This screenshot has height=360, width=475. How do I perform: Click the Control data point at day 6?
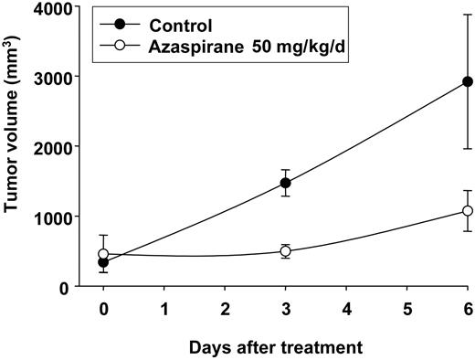coord(468,81)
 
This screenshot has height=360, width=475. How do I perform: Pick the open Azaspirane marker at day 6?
coord(468,211)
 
